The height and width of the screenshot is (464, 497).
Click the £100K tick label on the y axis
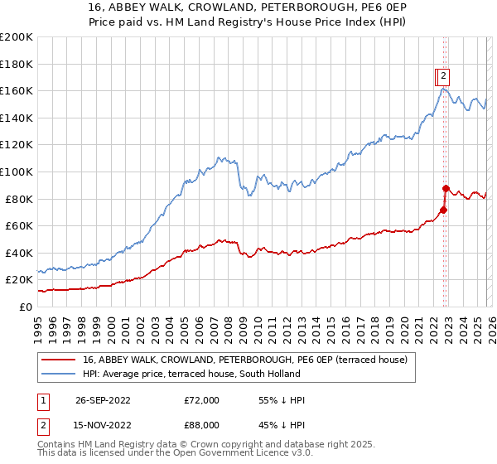[x=17, y=172]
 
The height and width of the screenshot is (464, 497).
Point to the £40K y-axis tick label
[x=19, y=253]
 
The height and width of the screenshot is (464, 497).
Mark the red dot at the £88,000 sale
[x=446, y=188]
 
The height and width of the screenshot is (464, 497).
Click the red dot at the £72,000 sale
[x=443, y=210]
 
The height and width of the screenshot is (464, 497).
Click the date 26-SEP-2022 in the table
[x=103, y=400]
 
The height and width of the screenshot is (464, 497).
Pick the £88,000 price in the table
[x=201, y=424]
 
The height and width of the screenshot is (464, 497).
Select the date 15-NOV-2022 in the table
[x=103, y=424]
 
